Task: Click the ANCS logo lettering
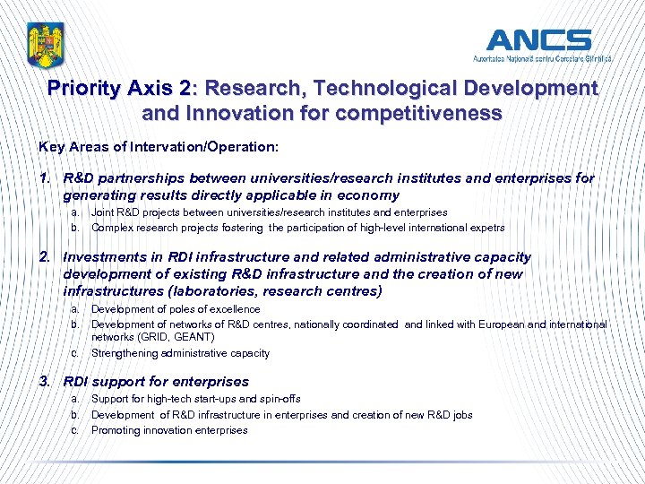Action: pos(538,39)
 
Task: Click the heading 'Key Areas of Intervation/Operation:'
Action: pos(159,145)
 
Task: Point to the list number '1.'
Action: pos(45,177)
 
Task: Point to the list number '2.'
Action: pos(45,257)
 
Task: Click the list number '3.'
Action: pos(45,381)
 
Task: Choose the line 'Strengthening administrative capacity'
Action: pos(180,353)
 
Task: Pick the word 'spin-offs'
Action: pos(279,399)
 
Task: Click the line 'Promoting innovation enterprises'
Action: pos(169,430)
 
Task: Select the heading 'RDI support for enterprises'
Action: pos(156,381)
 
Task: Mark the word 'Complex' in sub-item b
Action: pos(111,228)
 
